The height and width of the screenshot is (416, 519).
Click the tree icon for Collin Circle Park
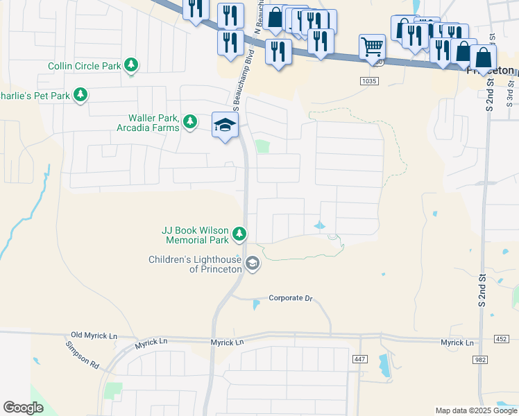(x=131, y=66)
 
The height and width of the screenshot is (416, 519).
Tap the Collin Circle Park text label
(x=85, y=67)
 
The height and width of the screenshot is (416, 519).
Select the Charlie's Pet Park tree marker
(x=80, y=95)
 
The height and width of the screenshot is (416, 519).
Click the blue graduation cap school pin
(x=225, y=125)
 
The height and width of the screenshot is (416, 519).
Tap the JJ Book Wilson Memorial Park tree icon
(x=239, y=234)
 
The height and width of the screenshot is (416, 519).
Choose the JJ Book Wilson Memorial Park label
(x=195, y=235)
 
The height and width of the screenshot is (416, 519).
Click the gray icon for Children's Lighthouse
(x=253, y=263)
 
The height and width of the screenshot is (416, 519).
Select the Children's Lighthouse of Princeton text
(x=195, y=264)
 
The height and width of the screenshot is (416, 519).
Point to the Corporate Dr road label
(x=291, y=298)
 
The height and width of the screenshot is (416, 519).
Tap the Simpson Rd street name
(x=83, y=354)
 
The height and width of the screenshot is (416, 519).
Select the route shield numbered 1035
(x=369, y=81)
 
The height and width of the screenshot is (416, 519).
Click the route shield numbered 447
(x=359, y=358)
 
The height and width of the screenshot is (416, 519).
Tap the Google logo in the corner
(x=24, y=408)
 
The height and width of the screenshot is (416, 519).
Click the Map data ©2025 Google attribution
(x=475, y=410)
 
